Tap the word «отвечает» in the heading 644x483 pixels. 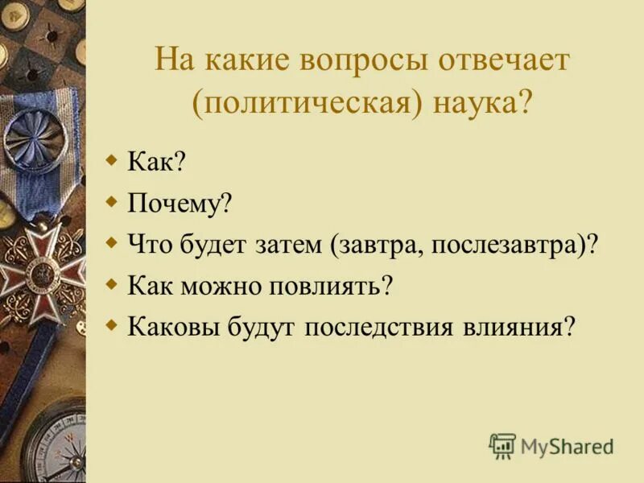(509, 62)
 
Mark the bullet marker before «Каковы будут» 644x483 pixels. (112, 324)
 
